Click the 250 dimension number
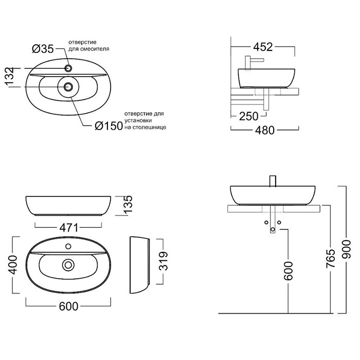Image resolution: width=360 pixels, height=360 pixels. click(x=249, y=117)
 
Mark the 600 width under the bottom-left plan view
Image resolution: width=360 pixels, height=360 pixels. click(x=68, y=307)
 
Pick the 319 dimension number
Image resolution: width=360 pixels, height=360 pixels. click(x=164, y=264)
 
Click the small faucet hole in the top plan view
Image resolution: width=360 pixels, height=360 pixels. click(x=68, y=67)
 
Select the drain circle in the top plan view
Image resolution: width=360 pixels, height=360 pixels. click(x=68, y=87)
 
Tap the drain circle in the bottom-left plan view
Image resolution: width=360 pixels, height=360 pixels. click(x=67, y=265)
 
